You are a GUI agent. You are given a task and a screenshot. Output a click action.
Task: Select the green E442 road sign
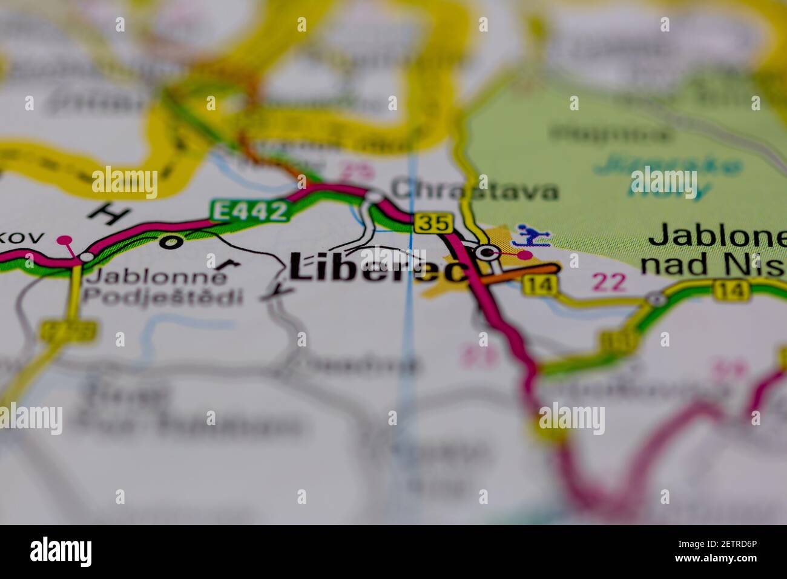click(x=249, y=211)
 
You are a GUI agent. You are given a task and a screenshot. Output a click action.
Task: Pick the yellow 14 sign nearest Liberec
click(x=538, y=285)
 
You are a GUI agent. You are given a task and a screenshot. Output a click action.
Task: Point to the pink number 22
click(x=609, y=282)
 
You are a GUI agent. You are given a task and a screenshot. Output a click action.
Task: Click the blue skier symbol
click(x=531, y=235)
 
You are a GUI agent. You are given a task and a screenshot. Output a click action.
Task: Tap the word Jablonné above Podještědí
click(x=157, y=277)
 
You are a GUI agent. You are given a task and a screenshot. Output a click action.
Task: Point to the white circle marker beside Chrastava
click(x=375, y=196)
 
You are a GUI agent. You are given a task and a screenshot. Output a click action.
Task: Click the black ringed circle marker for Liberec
click(x=485, y=253)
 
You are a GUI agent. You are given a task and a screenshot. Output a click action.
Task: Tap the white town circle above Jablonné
click(x=87, y=257)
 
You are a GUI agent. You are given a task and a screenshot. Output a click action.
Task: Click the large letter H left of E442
click(x=108, y=213)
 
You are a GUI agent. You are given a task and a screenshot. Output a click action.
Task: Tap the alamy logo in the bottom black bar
click(x=61, y=552)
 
